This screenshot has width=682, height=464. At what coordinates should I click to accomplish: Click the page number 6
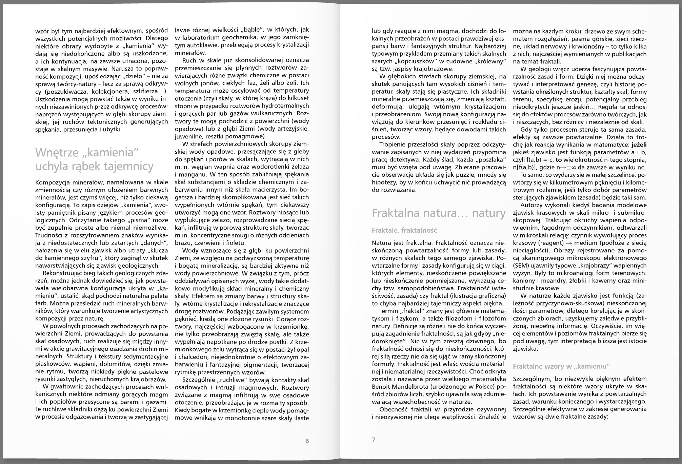[x=307, y=441]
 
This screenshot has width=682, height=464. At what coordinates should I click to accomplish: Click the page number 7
[x=374, y=440]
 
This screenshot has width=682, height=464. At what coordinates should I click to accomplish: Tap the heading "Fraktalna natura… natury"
[x=439, y=213]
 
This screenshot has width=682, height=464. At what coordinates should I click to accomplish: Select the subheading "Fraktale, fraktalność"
[x=404, y=230]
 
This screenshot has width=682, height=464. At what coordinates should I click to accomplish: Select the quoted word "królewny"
[x=487, y=61]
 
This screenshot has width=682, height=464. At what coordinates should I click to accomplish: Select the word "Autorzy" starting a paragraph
[x=531, y=205]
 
